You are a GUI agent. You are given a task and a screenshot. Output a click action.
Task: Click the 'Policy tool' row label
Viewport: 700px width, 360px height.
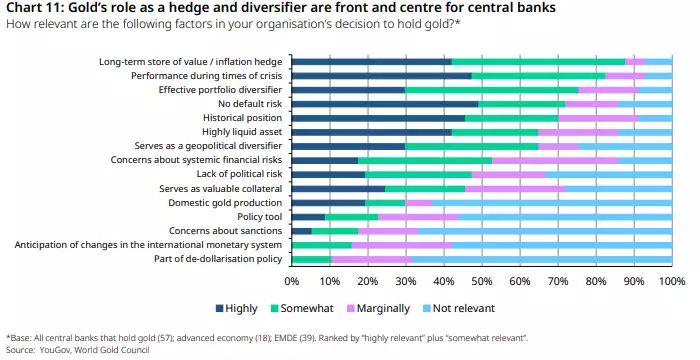[x=259, y=216]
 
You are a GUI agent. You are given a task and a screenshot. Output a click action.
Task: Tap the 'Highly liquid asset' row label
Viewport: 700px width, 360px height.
[x=243, y=131]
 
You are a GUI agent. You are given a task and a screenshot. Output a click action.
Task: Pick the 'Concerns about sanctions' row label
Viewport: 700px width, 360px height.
[x=227, y=230]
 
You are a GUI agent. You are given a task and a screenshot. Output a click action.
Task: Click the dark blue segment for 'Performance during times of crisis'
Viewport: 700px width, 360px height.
[x=382, y=75]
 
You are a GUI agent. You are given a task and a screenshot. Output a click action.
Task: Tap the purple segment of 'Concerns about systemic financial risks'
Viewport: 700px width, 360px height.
[x=555, y=160]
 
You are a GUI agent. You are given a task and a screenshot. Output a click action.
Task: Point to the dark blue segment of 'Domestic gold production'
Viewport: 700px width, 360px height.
[x=329, y=202]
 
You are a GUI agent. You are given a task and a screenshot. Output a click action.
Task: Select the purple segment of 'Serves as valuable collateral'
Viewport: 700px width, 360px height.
[x=516, y=188]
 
